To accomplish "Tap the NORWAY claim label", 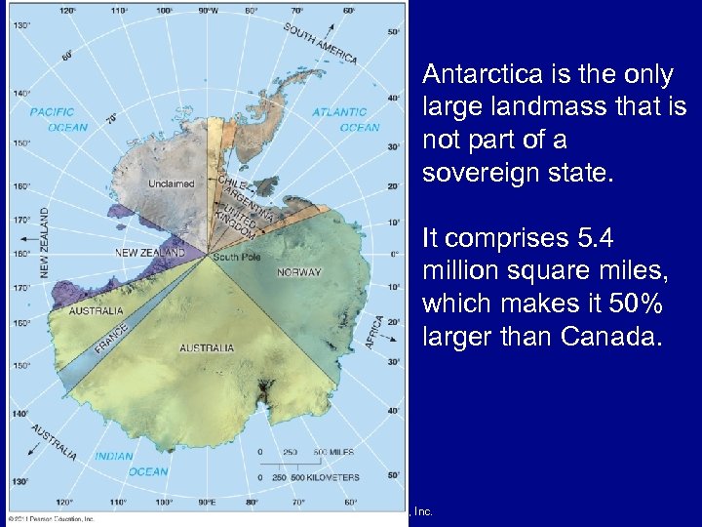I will pos(299,272).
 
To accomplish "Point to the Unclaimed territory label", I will pos(171,183).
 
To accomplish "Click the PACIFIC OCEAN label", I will pos(58,119).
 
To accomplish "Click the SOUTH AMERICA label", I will pos(321,42).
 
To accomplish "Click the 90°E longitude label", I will pos(207,502).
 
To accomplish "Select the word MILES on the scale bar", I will pos(340,451).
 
